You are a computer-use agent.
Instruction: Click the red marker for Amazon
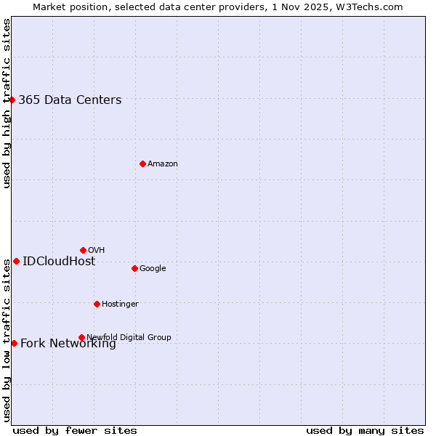tap(142, 163)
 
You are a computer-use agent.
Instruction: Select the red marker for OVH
tap(83, 250)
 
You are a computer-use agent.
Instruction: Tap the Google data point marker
tap(134, 268)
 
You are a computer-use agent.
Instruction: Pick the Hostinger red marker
tap(97, 304)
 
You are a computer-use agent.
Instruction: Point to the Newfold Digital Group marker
tap(81, 337)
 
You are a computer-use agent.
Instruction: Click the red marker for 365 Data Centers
tap(12, 100)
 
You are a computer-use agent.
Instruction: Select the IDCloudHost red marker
tap(16, 261)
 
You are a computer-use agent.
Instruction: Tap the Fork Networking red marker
tap(14, 343)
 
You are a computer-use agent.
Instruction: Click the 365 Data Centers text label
tap(70, 100)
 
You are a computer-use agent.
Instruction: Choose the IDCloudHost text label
tap(59, 262)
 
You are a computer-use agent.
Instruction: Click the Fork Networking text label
tap(68, 344)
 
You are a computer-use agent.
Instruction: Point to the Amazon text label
tap(163, 164)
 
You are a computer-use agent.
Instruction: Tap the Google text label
tap(153, 269)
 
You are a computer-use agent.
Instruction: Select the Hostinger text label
tap(120, 304)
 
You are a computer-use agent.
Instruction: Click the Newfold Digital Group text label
tap(129, 338)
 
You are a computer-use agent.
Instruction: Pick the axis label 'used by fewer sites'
tap(75, 431)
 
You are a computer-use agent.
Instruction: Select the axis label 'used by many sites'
tap(365, 431)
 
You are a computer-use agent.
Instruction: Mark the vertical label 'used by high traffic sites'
tap(7, 103)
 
